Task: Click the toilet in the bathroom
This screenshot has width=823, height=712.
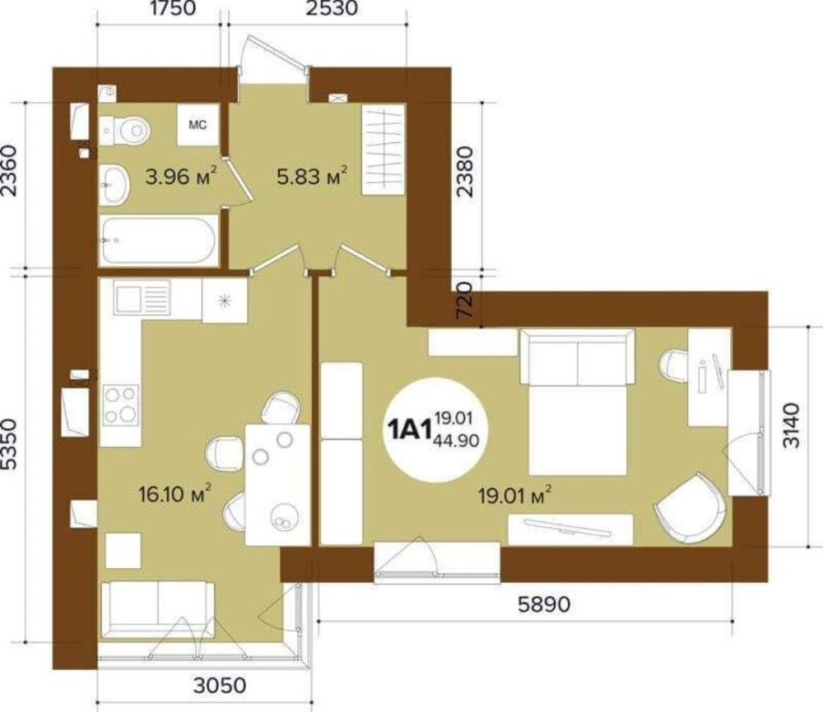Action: [124, 130]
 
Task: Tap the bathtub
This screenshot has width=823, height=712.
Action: [158, 241]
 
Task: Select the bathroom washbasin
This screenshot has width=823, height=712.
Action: [114, 184]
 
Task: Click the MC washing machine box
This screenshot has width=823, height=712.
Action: [198, 125]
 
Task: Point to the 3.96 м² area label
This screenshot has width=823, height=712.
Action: [181, 177]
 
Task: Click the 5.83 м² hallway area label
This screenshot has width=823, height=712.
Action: [312, 176]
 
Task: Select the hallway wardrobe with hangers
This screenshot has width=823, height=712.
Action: [384, 150]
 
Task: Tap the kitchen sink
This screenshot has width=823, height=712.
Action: [142, 298]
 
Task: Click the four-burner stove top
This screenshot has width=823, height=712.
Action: [121, 405]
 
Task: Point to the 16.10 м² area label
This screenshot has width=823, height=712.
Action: [174, 494]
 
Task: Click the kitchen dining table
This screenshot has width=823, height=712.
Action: [277, 485]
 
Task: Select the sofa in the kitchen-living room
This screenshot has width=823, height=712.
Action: [157, 610]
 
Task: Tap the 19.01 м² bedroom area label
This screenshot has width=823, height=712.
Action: [514, 494]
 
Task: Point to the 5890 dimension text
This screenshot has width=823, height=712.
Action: [544, 604]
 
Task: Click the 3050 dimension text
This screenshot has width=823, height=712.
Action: [220, 685]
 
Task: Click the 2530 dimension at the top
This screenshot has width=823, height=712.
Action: [332, 8]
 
